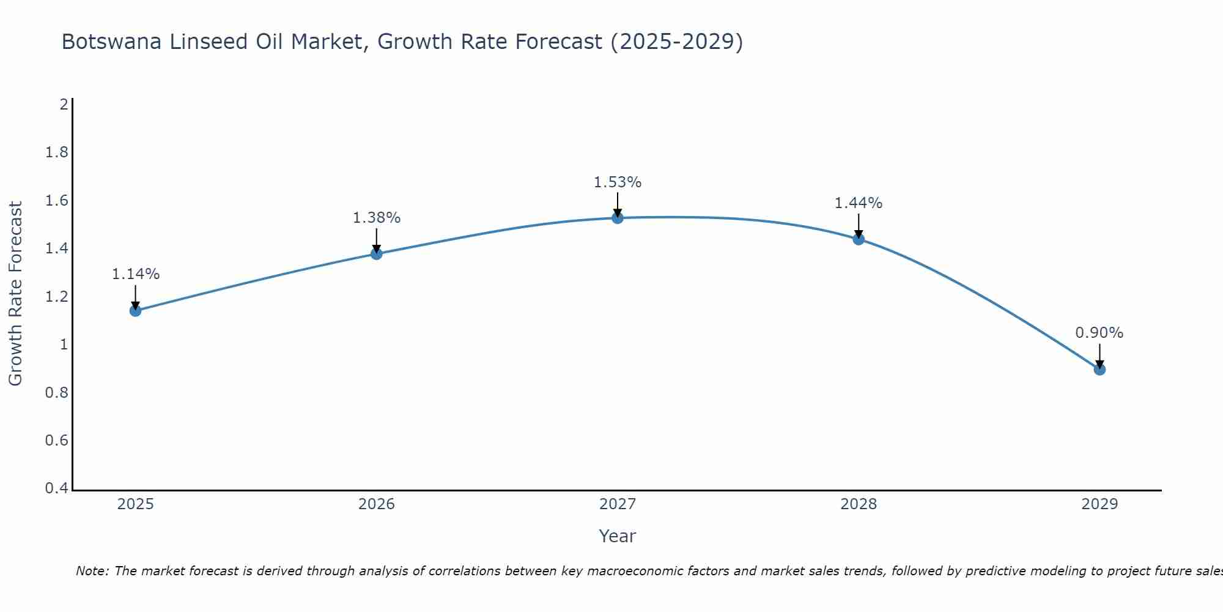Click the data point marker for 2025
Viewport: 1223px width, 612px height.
tap(135, 311)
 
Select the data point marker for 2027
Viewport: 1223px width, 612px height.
tap(618, 218)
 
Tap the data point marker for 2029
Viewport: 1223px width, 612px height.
tap(1099, 370)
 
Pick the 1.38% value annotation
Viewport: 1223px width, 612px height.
tap(377, 218)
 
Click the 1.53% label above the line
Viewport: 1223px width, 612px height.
tap(618, 182)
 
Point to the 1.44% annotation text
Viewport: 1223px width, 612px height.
tap(859, 203)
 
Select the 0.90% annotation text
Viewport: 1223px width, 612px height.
tap(1099, 333)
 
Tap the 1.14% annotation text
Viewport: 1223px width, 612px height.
tap(135, 274)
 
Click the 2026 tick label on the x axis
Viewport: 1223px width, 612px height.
tap(377, 504)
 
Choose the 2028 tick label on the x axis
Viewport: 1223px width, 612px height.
tap(859, 504)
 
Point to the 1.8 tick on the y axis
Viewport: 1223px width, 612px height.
tap(56, 152)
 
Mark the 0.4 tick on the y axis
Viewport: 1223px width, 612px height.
tap(56, 488)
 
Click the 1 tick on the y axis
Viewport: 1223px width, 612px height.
tap(64, 345)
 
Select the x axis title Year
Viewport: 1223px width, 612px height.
tap(618, 536)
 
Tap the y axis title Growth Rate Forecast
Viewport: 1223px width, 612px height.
tap(15, 293)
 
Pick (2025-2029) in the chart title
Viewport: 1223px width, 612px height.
tap(677, 42)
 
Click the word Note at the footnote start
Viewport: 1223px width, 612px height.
tap(92, 571)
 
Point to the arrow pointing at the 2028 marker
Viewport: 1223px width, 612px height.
tap(859, 226)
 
